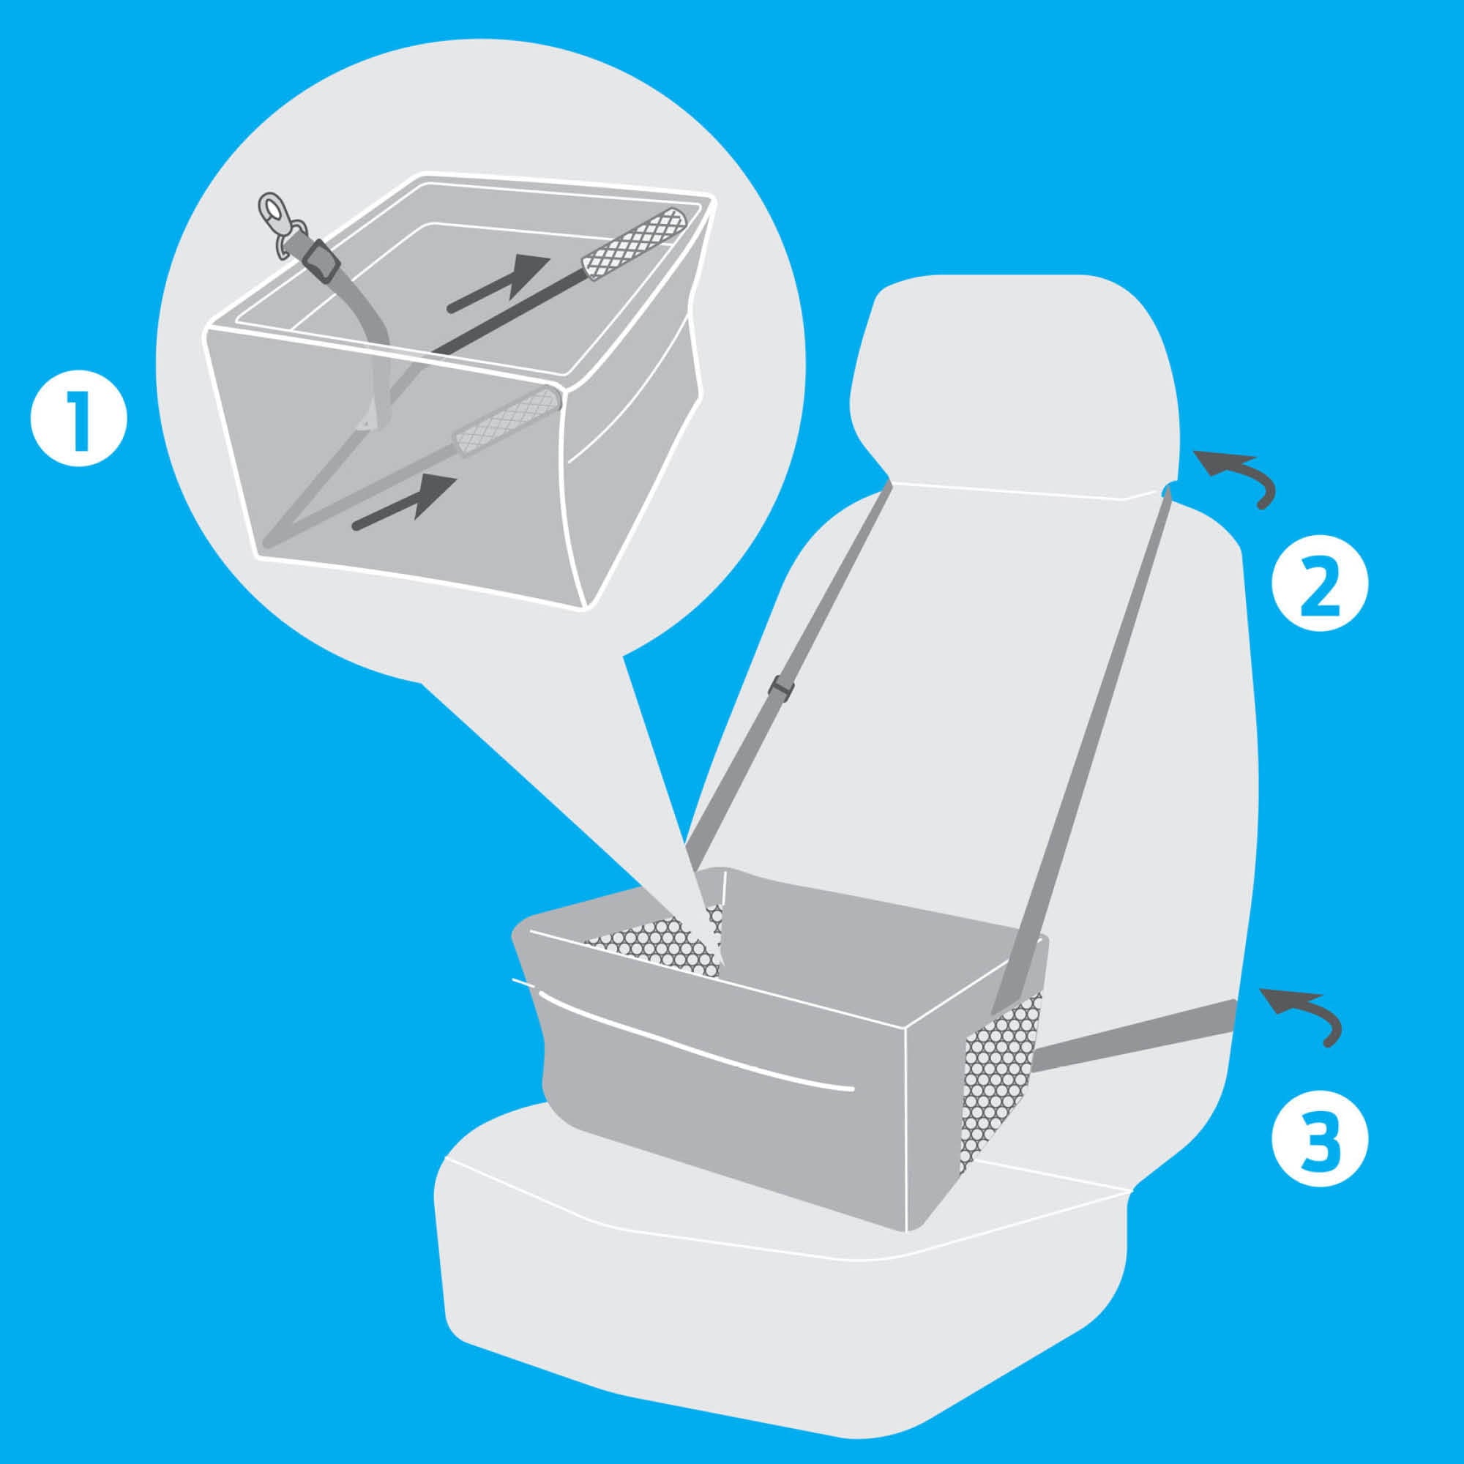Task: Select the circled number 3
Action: [x=1320, y=1138]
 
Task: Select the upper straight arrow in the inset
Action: [x=498, y=283]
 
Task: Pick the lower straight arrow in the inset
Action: [x=407, y=501]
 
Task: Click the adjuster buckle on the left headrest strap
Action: [x=780, y=688]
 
